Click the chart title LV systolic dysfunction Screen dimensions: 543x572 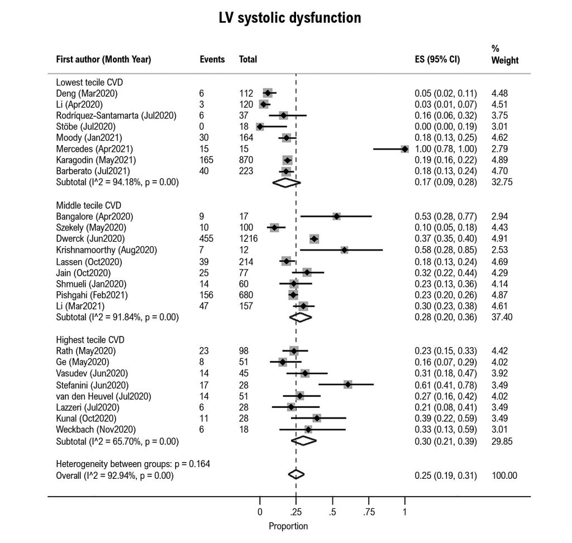pyautogui.click(x=289, y=18)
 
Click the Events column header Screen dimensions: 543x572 pyautogui.click(x=212, y=59)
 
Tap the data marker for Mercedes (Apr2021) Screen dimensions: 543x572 pyautogui.click(x=404, y=149)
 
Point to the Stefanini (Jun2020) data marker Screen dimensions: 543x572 pyautogui.click(x=348, y=385)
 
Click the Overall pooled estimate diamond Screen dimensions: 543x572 pyautogui.click(x=296, y=474)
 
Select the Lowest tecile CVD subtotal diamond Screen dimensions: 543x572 pyautogui.click(x=285, y=182)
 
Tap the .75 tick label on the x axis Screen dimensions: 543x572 pyautogui.click(x=368, y=511)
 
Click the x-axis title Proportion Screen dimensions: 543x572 pyautogui.click(x=288, y=526)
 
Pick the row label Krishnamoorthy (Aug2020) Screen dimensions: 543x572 pyautogui.click(x=107, y=249)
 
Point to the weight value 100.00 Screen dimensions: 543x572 pyautogui.click(x=504, y=475)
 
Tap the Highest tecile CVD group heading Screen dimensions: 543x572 pyautogui.click(x=90, y=340)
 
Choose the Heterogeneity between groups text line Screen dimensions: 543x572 pyautogui.click(x=132, y=464)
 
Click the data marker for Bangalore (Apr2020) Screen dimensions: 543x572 pyautogui.click(x=336, y=216)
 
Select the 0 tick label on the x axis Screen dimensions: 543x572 pyautogui.click(x=260, y=511)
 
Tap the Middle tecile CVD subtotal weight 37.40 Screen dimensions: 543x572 pyautogui.click(x=502, y=317)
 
